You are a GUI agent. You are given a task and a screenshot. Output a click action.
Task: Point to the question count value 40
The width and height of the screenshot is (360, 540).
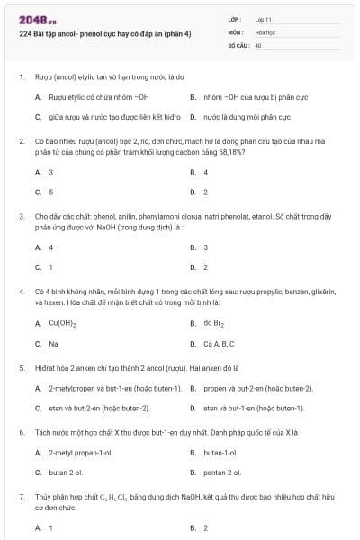pyautogui.click(x=258, y=44)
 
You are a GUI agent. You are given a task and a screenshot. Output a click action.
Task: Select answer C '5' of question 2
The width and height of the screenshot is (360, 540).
pyautogui.click(x=51, y=192)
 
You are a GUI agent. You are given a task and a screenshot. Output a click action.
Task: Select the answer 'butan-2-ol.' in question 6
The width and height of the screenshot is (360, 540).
pyautogui.click(x=66, y=472)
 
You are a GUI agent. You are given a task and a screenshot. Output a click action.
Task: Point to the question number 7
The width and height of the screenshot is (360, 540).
pyautogui.click(x=21, y=496)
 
